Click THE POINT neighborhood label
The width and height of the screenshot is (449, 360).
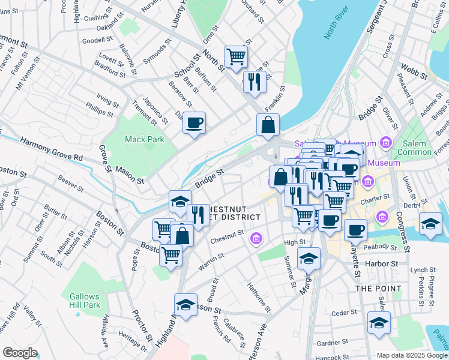(x=378, y=289)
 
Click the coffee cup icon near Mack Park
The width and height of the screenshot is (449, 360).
(x=194, y=123)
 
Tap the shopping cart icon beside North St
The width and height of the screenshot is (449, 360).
(x=236, y=56)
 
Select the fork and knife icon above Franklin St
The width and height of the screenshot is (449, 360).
(x=255, y=81)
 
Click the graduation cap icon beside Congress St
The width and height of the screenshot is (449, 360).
(x=430, y=223)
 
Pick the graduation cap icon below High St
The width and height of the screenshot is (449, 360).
(x=309, y=258)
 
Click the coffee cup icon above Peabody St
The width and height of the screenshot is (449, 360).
(x=355, y=230)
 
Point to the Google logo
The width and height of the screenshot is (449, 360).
(x=20, y=352)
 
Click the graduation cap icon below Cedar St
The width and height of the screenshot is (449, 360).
(x=379, y=323)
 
